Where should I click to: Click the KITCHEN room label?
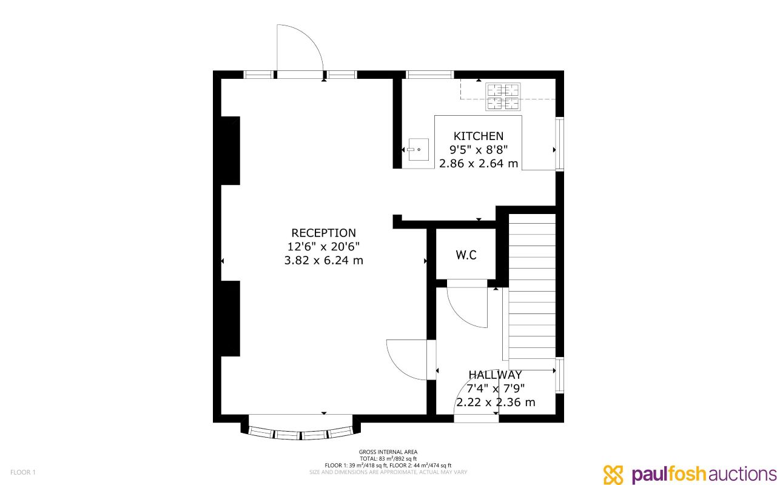pos(479,136)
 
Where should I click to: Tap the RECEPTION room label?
pos(323,233)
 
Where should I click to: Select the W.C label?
pos(466,255)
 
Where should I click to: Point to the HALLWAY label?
pos(495,375)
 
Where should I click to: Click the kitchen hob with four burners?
pos(503,96)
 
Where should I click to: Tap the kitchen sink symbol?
pos(418,149)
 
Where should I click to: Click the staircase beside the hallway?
pos(532,291)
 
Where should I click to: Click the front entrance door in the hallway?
pos(476,400)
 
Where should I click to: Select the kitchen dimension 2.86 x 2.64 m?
pos(479,163)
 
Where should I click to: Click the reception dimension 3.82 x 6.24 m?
pos(323,261)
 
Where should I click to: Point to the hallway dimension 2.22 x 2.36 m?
pos(496,402)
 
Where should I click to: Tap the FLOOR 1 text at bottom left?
pos(23,472)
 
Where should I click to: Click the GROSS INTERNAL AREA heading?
pos(388,452)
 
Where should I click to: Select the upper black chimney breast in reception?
pos(230,150)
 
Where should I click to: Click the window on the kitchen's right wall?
pos(560,144)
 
